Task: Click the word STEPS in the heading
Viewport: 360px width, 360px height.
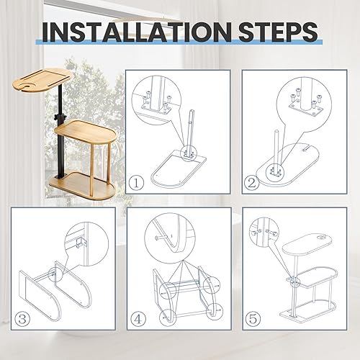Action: pos(279,32)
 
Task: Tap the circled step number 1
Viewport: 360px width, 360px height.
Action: pos(136,183)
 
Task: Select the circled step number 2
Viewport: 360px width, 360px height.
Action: pos(252,183)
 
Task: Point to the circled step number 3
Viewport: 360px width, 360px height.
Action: pos(22,319)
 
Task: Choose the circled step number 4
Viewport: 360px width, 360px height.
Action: pos(138,319)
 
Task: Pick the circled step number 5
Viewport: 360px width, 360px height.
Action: pos(253,319)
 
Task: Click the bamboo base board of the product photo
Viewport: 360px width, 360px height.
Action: pos(82,185)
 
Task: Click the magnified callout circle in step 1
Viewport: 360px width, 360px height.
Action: pos(156,100)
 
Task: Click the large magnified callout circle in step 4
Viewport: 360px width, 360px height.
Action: pos(170,237)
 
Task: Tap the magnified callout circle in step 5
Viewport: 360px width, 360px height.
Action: pos(264,231)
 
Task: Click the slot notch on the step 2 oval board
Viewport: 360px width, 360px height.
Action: pos(305,150)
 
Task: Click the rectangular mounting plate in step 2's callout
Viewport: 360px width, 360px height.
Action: pos(306,110)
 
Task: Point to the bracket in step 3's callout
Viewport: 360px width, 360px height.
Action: pos(81,243)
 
